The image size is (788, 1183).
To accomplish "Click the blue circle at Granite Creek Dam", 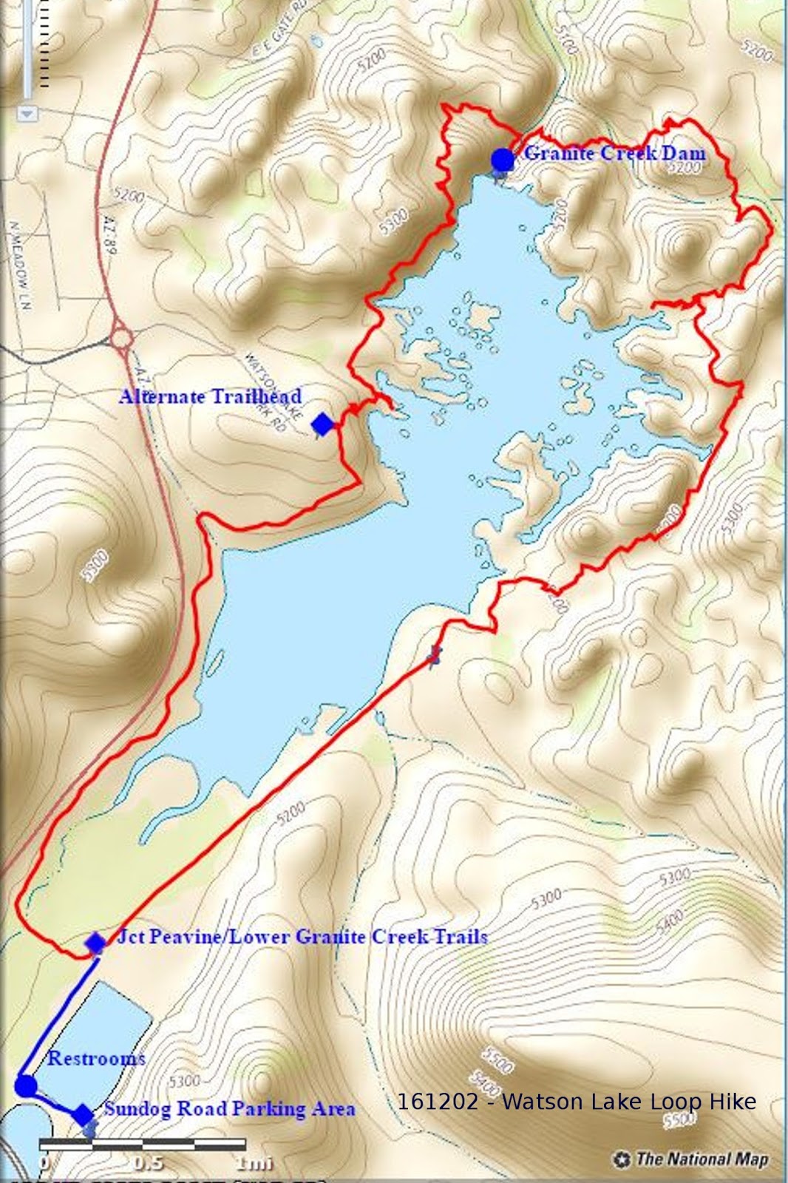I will tap(503, 159).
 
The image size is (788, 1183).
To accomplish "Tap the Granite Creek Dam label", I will tap(614, 153).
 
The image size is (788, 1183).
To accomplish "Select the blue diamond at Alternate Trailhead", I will tap(322, 424).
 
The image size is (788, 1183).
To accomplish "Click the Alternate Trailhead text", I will tap(210, 396).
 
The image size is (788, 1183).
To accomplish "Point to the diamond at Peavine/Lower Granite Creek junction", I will tap(95, 943).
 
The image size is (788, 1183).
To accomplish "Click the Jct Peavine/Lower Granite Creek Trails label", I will tap(302, 937).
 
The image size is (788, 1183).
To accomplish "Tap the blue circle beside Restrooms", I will tap(26, 1086).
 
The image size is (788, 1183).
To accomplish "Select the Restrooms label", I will tap(96, 1058).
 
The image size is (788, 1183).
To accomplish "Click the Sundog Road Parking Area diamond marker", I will tap(83, 1114).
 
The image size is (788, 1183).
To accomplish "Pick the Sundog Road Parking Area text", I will tap(229, 1108).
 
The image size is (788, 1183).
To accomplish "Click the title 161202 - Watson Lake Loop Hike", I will tap(577, 1102).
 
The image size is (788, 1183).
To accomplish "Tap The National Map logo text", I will tap(701, 1159).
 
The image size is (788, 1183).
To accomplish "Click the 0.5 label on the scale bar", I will tap(148, 1162).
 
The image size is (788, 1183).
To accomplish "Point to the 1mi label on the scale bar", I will tap(254, 1163).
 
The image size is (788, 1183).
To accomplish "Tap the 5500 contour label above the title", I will tap(497, 1060).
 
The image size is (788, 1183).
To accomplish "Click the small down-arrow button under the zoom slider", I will tap(27, 113).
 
